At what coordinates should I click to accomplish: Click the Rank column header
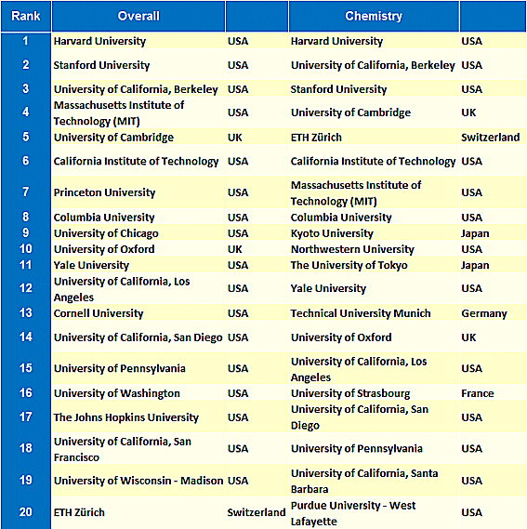26,16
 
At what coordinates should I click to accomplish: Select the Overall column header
138,16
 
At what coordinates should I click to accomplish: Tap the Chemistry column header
374,16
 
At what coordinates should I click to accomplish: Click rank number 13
26,312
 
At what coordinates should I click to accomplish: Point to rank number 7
26,192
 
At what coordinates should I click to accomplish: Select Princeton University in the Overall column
105,192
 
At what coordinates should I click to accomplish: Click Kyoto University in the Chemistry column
332,233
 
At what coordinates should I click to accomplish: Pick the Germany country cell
484,313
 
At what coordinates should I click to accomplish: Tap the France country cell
478,393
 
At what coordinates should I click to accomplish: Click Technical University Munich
361,313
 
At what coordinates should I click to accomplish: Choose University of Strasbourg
350,393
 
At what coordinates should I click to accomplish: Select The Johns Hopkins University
126,417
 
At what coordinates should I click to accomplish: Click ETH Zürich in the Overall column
79,512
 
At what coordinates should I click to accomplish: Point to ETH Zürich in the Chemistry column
316,138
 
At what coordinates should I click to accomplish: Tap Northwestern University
352,249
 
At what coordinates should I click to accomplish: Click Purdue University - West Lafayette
353,513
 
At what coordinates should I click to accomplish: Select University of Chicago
106,233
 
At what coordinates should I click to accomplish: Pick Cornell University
99,313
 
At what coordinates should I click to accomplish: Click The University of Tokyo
349,266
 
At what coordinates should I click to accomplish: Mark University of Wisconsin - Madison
138,481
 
